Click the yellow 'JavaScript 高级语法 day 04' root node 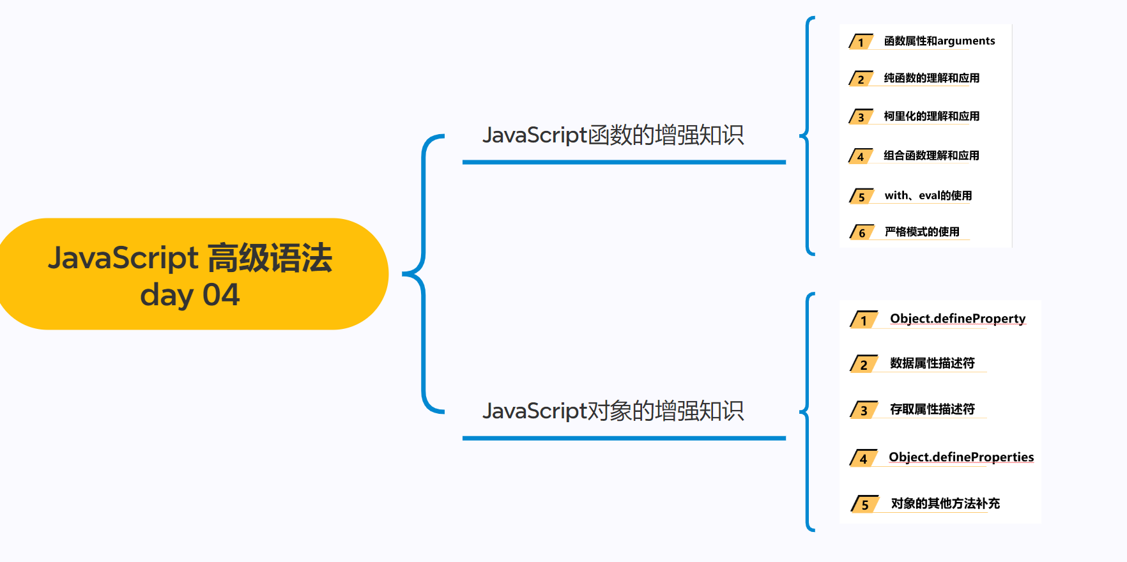tap(190, 275)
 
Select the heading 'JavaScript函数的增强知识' tap(613, 135)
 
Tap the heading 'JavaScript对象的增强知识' tap(613, 411)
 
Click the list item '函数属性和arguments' tap(939, 41)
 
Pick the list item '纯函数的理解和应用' tap(931, 78)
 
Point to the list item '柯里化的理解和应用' tap(931, 116)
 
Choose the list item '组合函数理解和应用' tap(931, 155)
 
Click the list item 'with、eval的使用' tap(928, 195)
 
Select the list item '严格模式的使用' tap(922, 232)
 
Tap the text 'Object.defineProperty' tap(958, 319)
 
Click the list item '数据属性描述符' tap(932, 363)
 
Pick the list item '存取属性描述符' tap(932, 409)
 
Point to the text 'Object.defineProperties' tap(961, 457)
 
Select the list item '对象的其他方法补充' tap(945, 503)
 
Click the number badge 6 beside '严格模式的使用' tap(861, 232)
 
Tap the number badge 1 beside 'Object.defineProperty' tap(863, 320)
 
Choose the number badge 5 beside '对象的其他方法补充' tap(864, 505)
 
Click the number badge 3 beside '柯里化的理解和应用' tap(861, 117)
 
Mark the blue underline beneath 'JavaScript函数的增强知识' tap(624, 162)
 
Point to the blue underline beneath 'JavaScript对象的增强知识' tap(624, 438)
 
